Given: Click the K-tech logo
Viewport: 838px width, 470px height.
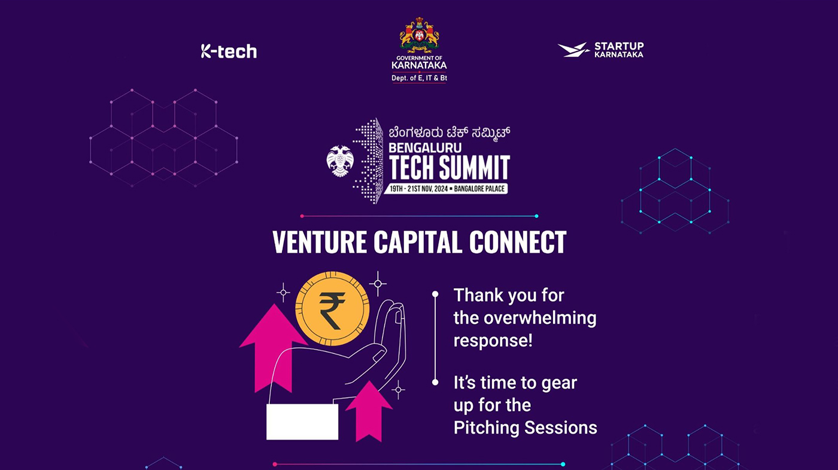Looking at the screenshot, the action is coord(229,51).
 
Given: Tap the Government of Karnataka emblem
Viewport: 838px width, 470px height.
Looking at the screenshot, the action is coord(419,35).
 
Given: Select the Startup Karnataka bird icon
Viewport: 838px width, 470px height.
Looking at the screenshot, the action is coord(574,50).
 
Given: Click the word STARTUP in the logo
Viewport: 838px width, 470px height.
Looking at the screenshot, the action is coord(619,46).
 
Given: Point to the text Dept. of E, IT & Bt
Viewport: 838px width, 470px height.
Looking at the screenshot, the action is coord(419,78).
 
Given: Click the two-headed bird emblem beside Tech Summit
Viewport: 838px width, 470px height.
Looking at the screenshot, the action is coord(340,161).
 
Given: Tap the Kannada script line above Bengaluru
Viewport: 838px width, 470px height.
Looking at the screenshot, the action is coord(450,132).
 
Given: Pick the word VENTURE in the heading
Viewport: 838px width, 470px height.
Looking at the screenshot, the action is coord(320,242).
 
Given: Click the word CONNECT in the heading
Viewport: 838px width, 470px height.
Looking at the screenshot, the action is coord(518,242).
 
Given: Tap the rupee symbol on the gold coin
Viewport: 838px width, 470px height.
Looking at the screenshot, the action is coord(332,311).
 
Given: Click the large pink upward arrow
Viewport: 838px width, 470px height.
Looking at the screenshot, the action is coord(273,348).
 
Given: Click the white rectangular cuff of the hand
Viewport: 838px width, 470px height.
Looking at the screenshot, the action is coord(302,422).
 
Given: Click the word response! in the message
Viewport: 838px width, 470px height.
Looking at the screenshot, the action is coord(493,341).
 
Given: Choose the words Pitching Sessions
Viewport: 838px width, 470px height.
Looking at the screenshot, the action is coord(526,428).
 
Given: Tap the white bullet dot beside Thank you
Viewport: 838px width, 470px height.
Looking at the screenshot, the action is coord(435,294).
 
